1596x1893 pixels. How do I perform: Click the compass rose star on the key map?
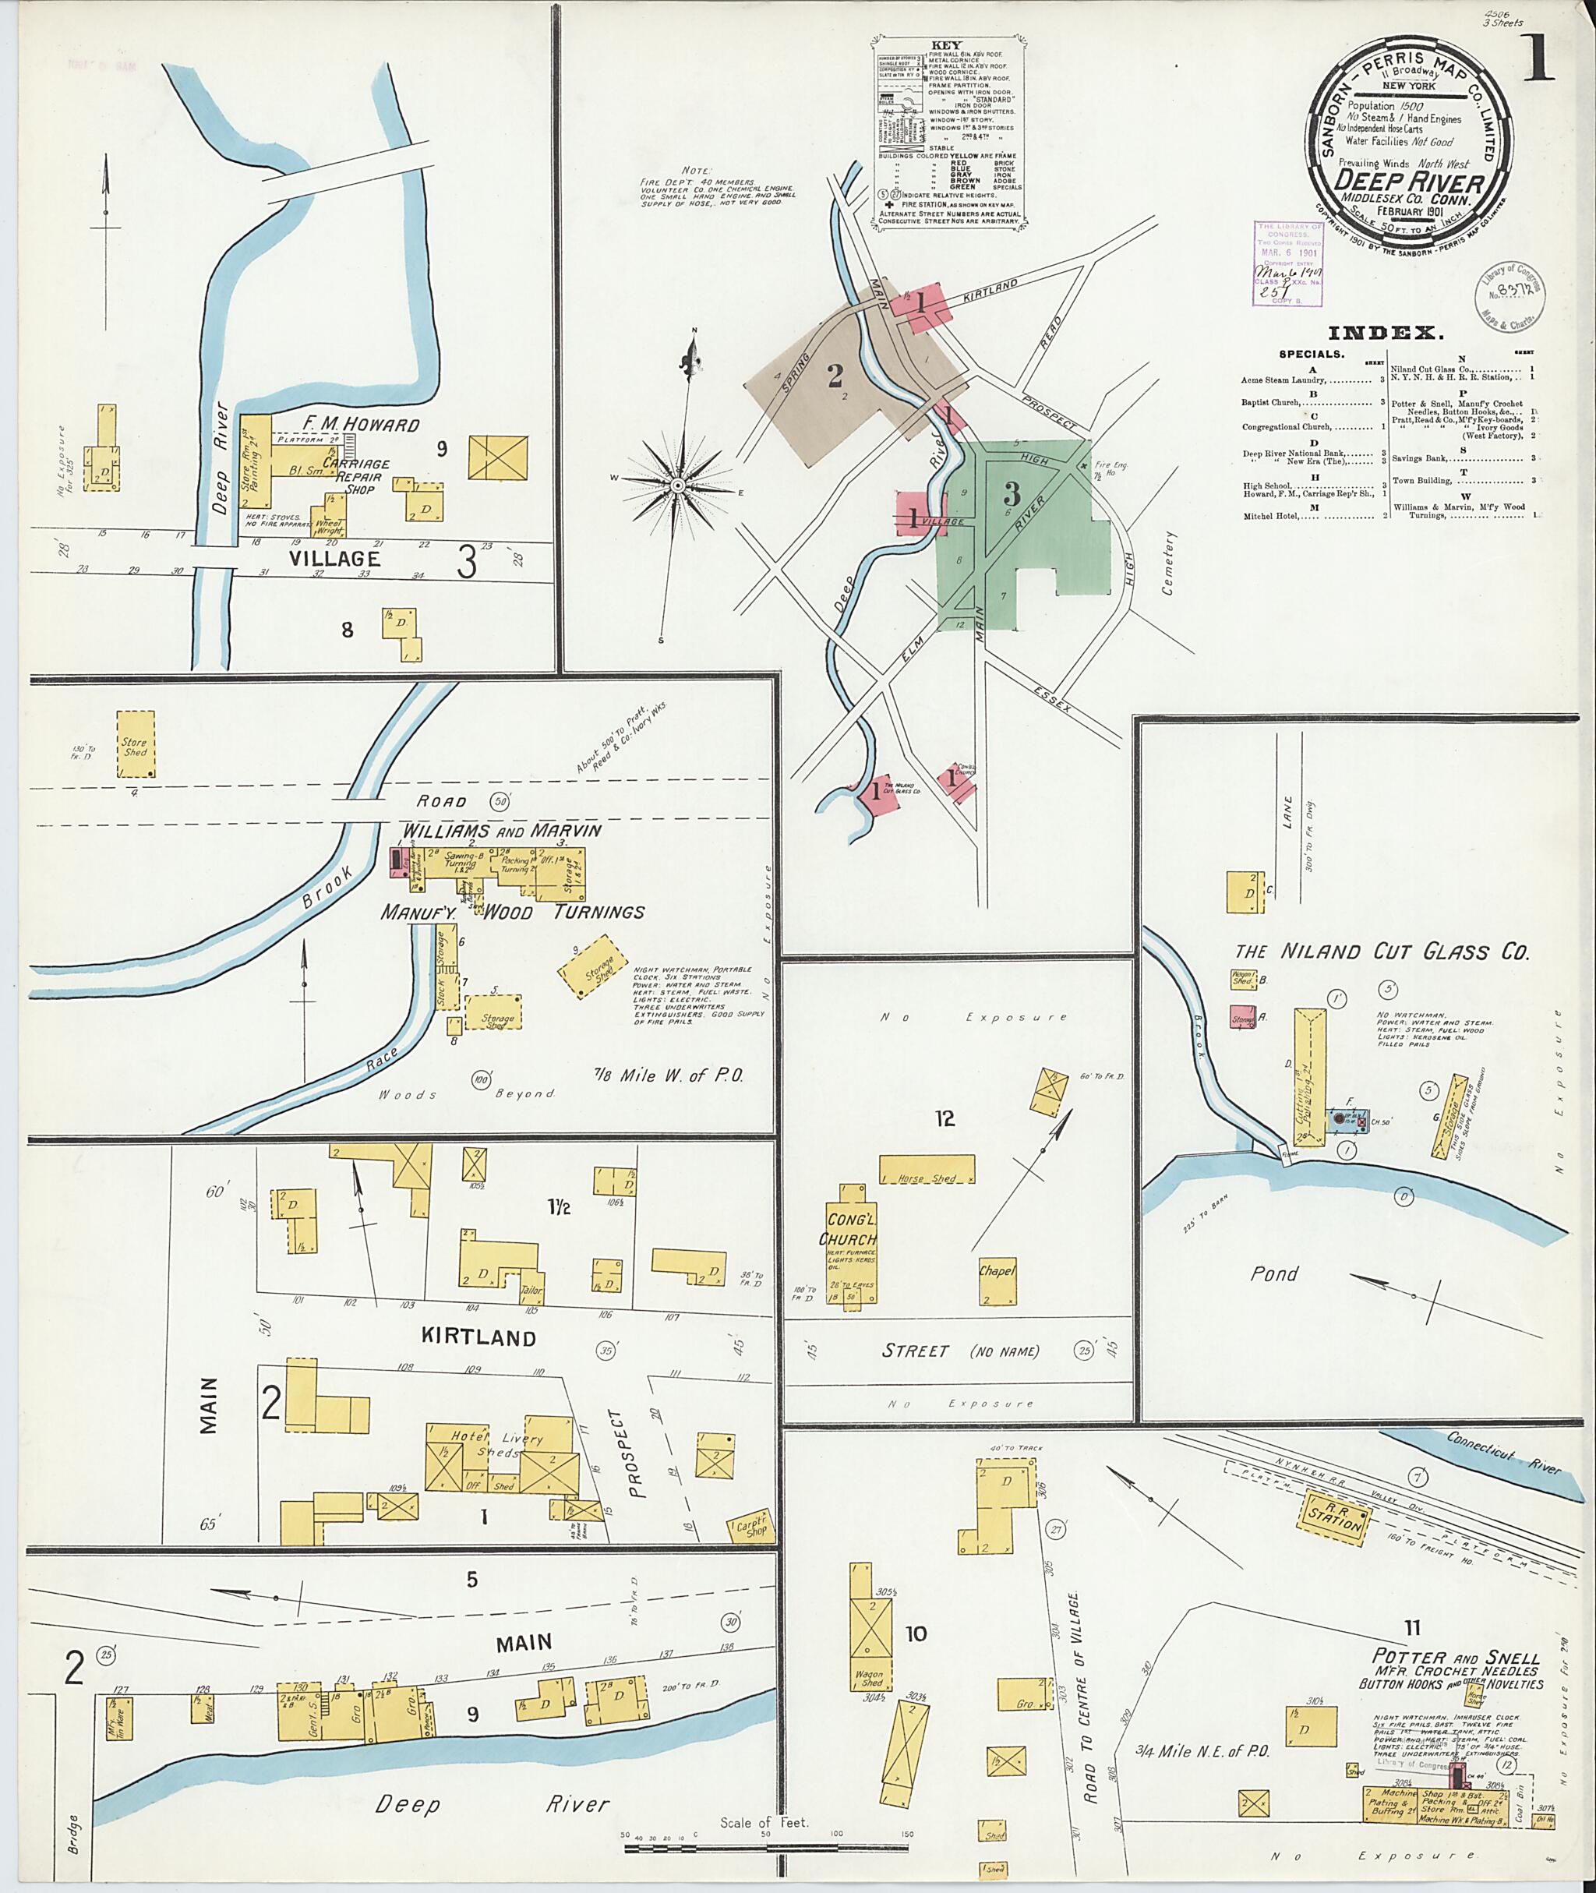pos(676,486)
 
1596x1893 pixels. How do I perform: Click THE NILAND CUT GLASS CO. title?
pos(1382,951)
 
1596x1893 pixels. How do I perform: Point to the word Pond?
pos(1274,1273)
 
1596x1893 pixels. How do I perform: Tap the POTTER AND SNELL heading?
pos(1449,1658)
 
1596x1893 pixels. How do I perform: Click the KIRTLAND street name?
pos(478,1337)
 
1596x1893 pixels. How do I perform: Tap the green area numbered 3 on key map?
pos(1012,495)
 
